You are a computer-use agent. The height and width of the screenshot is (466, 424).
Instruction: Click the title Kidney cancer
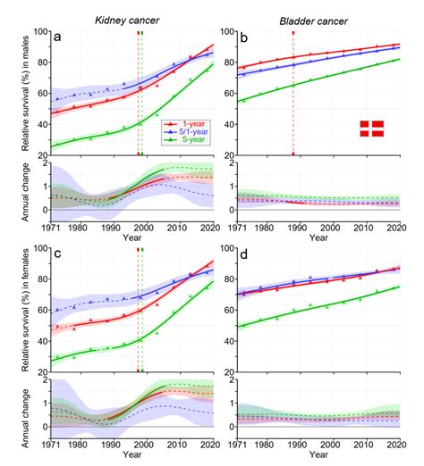click(124, 18)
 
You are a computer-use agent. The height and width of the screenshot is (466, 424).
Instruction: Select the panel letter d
click(246, 258)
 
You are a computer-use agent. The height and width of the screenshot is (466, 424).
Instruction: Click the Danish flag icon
click(370, 128)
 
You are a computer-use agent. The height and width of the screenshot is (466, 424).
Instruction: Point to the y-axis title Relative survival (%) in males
click(15, 92)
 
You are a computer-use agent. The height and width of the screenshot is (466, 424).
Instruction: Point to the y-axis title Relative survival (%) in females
click(15, 312)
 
